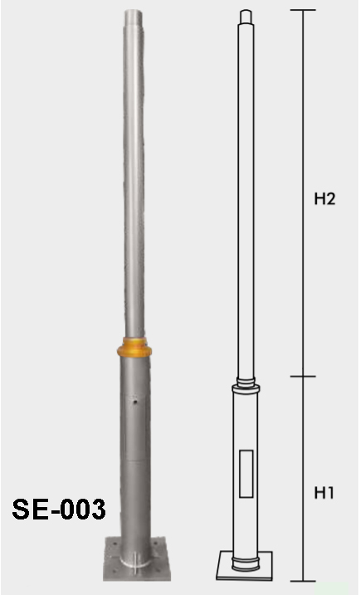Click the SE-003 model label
click(x=59, y=509)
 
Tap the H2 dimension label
click(x=325, y=201)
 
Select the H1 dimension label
click(x=324, y=493)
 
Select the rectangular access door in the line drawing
click(x=246, y=473)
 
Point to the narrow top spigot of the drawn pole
click(x=246, y=16)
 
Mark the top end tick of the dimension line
click(x=304, y=10)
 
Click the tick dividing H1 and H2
click(x=304, y=377)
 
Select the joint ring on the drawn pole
click(x=246, y=383)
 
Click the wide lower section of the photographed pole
click(x=135, y=448)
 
